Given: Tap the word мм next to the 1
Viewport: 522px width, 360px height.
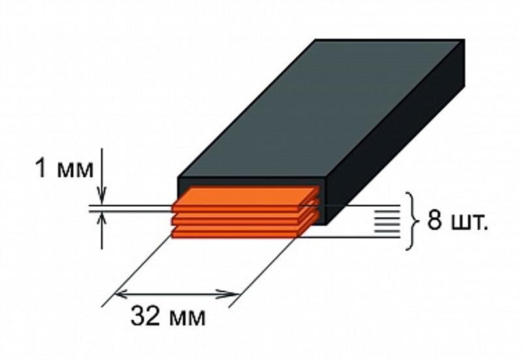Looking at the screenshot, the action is coord(76,170).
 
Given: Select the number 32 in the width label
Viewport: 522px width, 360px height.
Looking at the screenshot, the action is coord(145,316).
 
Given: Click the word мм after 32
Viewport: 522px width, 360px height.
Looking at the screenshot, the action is coord(187,318).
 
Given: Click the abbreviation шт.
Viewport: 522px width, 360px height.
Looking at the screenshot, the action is coord(469,222).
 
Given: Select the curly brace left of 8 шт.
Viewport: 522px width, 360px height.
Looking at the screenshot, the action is coord(412,221).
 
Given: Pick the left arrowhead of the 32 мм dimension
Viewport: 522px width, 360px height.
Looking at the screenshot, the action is coord(121,294).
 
